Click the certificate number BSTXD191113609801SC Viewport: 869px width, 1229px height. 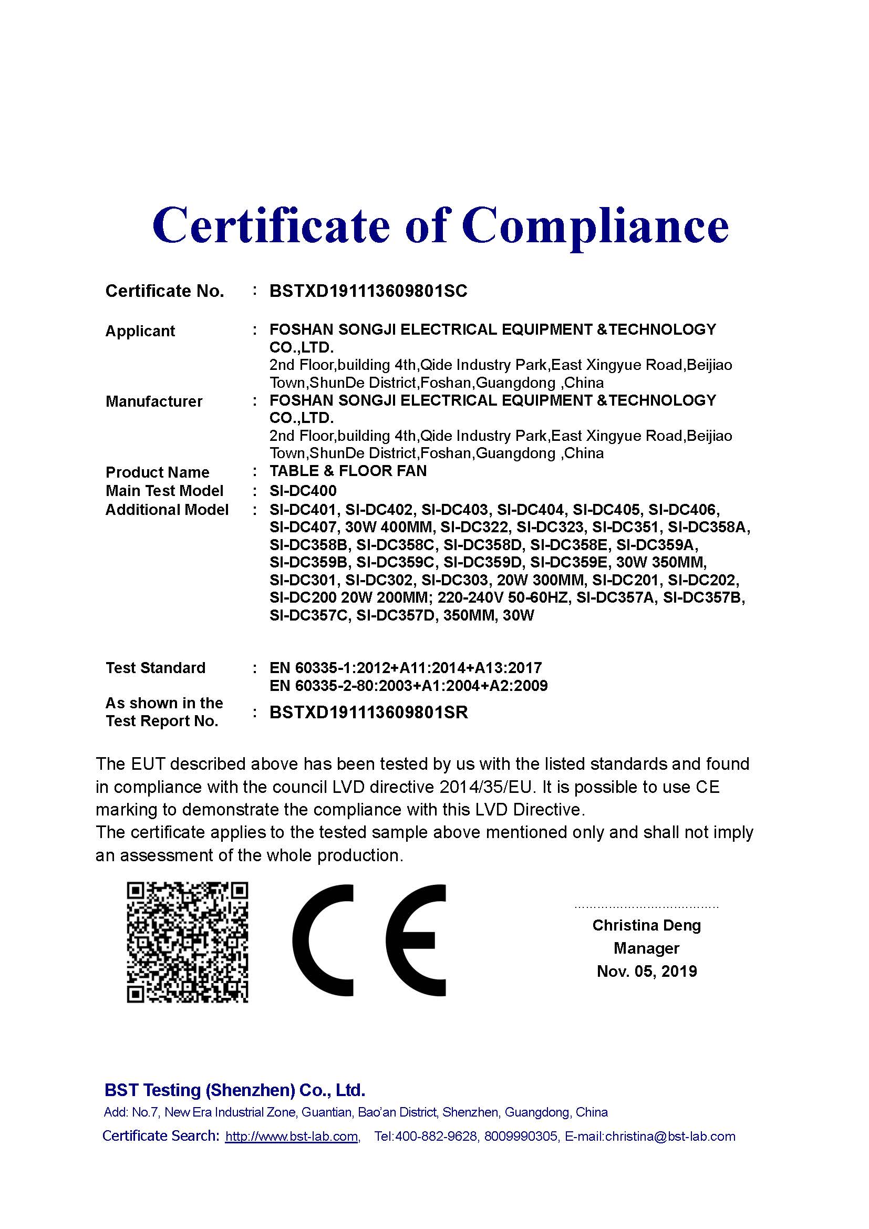(368, 291)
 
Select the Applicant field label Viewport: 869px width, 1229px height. (140, 332)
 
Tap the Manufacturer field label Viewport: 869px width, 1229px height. (154, 401)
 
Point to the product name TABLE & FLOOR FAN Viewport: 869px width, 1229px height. (348, 471)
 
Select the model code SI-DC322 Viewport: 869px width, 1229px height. (474, 527)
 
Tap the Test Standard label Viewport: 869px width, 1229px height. (155, 668)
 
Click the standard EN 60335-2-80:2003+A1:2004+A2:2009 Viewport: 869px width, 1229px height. (408, 686)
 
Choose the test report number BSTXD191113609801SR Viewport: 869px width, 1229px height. (369, 712)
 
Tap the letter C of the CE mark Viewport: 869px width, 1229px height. (323, 941)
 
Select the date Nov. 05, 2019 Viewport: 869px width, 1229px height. (646, 971)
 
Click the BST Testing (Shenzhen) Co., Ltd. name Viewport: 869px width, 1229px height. (235, 1090)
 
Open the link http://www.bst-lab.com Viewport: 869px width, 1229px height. (292, 1137)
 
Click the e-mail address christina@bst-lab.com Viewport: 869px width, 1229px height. (670, 1137)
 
